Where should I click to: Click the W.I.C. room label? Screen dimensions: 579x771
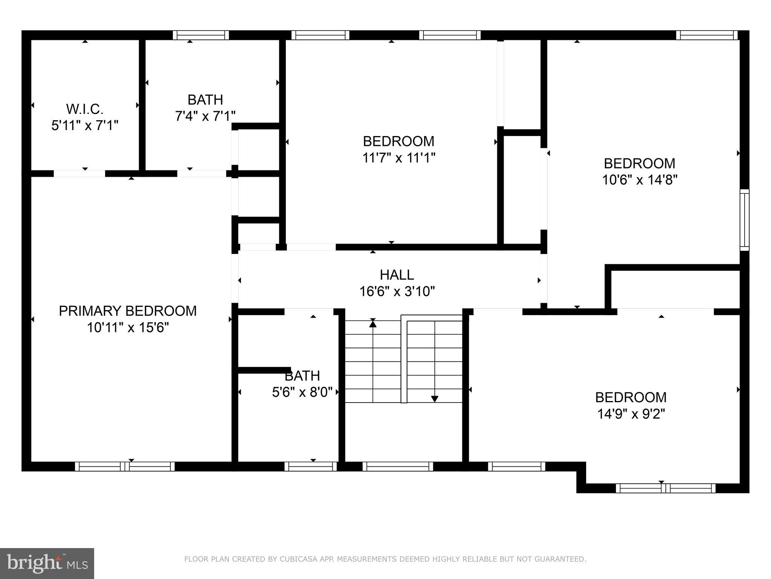85,109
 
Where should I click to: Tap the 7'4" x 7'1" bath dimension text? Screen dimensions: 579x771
205,116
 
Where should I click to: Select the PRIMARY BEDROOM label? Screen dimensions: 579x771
128,311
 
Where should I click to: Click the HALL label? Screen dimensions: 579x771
397,275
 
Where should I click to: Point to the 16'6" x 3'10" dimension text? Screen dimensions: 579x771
397,291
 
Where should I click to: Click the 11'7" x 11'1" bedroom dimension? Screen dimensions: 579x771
399,158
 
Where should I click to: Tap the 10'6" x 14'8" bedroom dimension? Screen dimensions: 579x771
640,180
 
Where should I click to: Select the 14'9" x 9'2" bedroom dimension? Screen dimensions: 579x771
631,414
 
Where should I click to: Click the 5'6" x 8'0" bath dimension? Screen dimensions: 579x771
302,392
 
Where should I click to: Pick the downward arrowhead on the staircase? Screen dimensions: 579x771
434,398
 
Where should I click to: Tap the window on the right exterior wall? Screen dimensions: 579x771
744,220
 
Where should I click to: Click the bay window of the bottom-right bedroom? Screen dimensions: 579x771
665,488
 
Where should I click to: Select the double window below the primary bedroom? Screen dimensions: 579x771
125,466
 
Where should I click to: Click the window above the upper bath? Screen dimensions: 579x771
201,35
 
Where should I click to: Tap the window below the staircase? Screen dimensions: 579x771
398,466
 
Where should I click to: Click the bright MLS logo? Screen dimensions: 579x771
47,564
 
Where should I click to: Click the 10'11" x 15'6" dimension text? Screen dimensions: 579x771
128,328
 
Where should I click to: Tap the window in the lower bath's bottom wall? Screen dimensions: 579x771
311,466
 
